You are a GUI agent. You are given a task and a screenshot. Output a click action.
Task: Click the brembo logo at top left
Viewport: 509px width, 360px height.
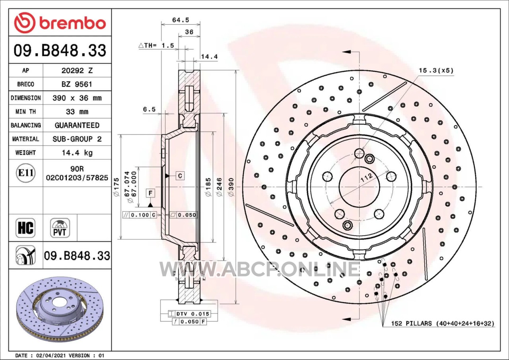click(x=60, y=23)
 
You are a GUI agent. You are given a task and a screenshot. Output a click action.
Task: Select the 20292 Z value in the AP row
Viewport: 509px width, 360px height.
click(x=77, y=71)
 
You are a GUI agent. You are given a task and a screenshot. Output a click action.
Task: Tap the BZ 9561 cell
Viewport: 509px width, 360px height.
click(x=77, y=84)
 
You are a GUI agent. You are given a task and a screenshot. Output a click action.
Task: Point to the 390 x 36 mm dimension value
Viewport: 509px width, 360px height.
click(x=77, y=98)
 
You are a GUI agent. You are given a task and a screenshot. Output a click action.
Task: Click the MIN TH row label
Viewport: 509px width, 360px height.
click(x=26, y=112)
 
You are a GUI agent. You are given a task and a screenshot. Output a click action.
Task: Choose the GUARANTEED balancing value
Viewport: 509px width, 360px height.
click(x=77, y=125)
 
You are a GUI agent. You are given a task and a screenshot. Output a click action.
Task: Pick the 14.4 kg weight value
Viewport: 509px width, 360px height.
click(x=77, y=153)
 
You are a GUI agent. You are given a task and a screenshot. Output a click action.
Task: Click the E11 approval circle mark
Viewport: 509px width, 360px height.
click(x=26, y=173)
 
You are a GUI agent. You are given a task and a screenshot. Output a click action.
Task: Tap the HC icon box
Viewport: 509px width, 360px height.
click(x=25, y=228)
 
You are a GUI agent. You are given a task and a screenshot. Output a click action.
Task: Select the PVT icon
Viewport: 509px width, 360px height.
click(x=60, y=228)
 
